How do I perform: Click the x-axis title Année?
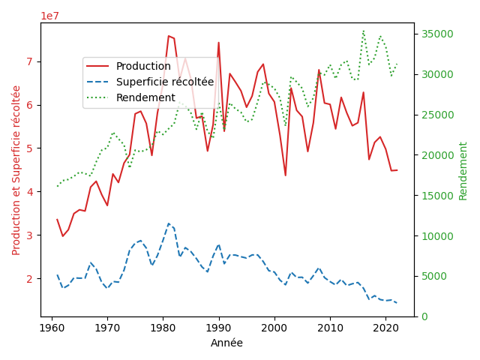tap(226, 343)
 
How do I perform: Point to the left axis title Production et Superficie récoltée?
tap(16, 170)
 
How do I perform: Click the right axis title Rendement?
tap(463, 171)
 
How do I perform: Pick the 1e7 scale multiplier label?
tap(50, 16)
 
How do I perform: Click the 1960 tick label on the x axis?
tap(52, 328)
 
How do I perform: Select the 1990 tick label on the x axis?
tap(219, 328)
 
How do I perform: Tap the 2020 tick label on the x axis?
tap(385, 328)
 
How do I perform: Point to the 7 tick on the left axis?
tap(29, 61)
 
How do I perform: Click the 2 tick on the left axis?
tap(29, 278)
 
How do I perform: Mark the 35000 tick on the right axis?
tap(437, 34)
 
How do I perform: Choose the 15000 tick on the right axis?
tap(437, 196)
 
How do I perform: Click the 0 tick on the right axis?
tap(424, 316)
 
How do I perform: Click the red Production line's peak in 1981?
tap(169, 36)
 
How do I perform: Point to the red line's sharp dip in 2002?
tap(285, 175)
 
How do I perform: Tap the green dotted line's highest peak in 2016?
tap(363, 31)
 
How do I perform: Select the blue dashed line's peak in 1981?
tap(169, 223)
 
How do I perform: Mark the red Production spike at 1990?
tap(219, 43)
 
